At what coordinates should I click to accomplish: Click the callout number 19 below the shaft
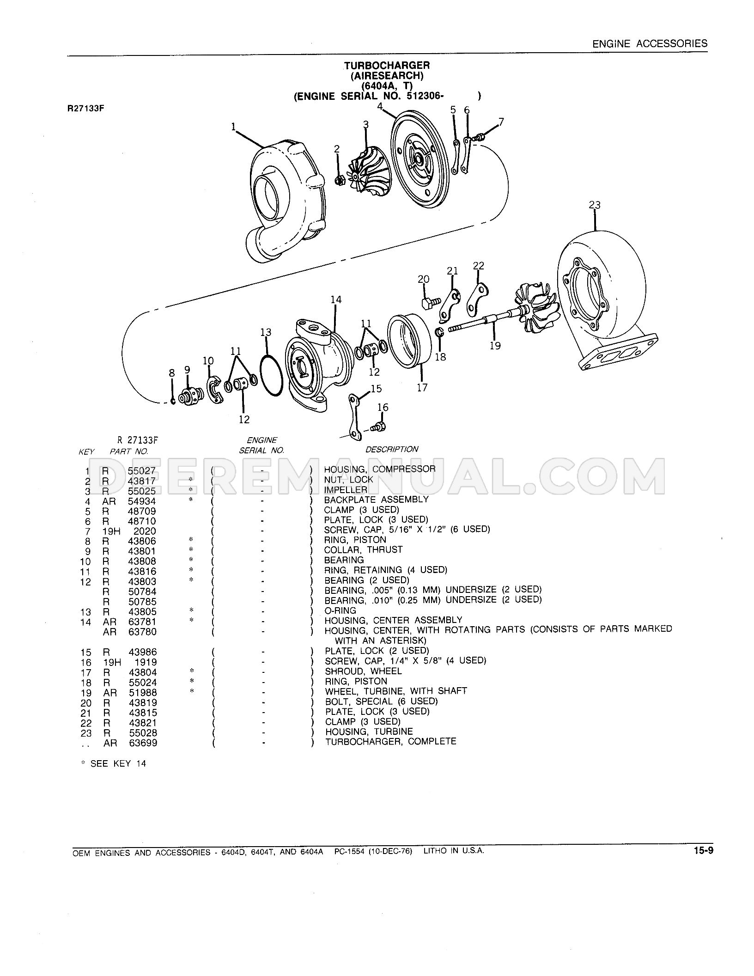[x=495, y=346]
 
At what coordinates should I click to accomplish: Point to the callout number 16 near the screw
[x=383, y=407]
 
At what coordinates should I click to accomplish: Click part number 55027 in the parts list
[x=142, y=471]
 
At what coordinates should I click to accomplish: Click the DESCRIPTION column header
[x=392, y=449]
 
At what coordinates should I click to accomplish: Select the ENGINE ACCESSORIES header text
[x=650, y=43]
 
